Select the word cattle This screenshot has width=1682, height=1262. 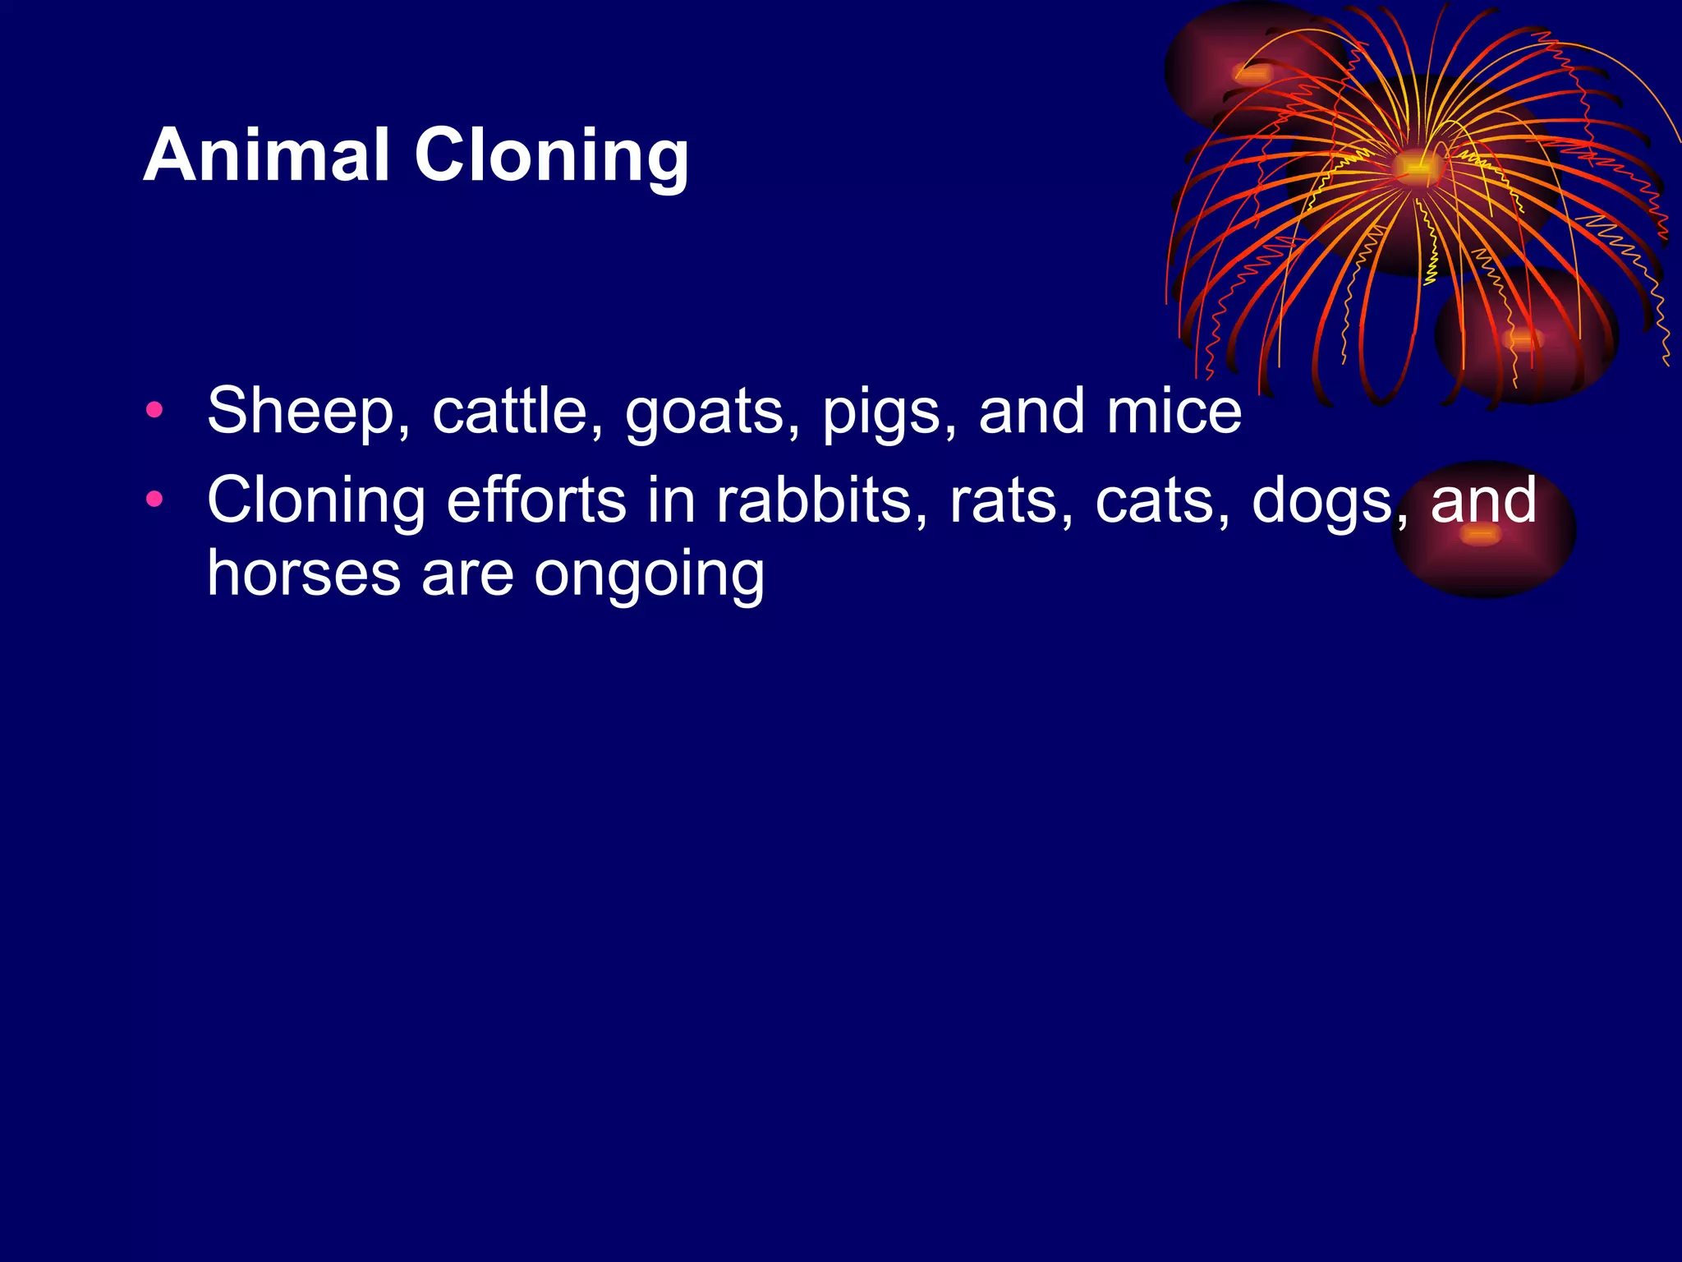tap(517, 412)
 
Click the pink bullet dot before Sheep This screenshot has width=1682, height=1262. tap(154, 409)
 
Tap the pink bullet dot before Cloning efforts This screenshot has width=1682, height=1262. tap(154, 499)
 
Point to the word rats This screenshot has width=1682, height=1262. tap(1011, 501)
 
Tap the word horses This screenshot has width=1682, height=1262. tap(304, 573)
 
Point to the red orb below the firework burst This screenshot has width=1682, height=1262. tap(1524, 337)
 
